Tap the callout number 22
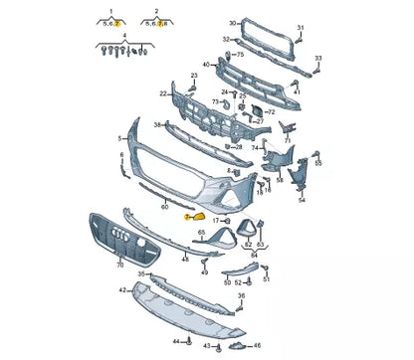(162, 93)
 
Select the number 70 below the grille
(119, 265)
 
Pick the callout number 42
(122, 290)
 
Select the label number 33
(318, 60)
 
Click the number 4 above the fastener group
(123, 35)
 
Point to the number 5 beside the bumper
(119, 138)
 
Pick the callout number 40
(206, 66)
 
